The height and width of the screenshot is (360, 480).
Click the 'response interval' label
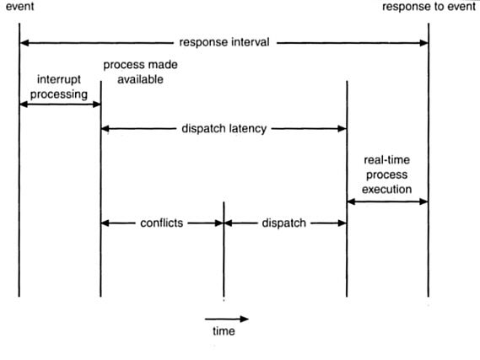(x=224, y=42)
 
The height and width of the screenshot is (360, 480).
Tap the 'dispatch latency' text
(x=224, y=129)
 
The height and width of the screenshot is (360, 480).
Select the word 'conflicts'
(x=162, y=223)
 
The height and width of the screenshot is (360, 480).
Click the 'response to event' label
(x=429, y=7)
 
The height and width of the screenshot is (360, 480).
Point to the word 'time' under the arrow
(x=224, y=331)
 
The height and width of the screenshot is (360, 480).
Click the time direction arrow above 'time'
(x=227, y=320)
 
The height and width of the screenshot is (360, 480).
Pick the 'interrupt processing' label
(x=59, y=87)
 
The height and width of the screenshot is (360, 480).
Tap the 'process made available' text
(x=141, y=73)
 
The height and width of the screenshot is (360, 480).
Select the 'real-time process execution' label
(x=387, y=175)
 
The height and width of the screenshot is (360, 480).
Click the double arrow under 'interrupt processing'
(x=60, y=105)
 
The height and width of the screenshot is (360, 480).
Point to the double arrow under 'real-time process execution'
(x=387, y=201)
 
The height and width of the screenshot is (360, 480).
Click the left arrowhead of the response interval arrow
(x=24, y=43)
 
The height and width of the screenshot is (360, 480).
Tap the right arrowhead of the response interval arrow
(x=424, y=43)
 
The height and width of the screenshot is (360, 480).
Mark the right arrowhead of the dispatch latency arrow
(x=342, y=129)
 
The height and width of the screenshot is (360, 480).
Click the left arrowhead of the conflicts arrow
(x=105, y=223)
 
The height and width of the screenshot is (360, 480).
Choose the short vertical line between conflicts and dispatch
(x=224, y=250)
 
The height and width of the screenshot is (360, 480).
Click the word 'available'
(x=141, y=79)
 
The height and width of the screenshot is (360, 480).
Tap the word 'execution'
(x=387, y=190)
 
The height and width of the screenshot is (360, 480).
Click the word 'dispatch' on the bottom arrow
(x=284, y=223)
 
